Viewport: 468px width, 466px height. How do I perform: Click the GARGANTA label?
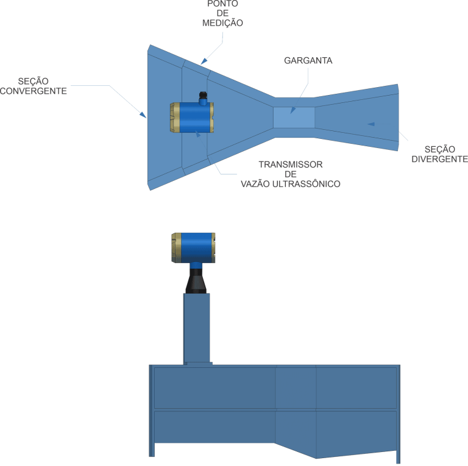[308, 61]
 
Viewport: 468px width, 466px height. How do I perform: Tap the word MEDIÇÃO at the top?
[222, 23]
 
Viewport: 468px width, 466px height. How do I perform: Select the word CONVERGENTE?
[33, 91]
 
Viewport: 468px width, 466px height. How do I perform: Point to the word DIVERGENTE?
[439, 160]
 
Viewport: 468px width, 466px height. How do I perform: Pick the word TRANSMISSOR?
[290, 164]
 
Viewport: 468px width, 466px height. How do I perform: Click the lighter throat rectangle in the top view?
[294, 118]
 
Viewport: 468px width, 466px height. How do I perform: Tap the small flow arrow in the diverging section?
[370, 124]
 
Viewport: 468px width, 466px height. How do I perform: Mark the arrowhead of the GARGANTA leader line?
[292, 111]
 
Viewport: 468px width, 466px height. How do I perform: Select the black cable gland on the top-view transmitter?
[203, 96]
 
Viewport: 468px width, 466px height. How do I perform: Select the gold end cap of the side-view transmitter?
[175, 247]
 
